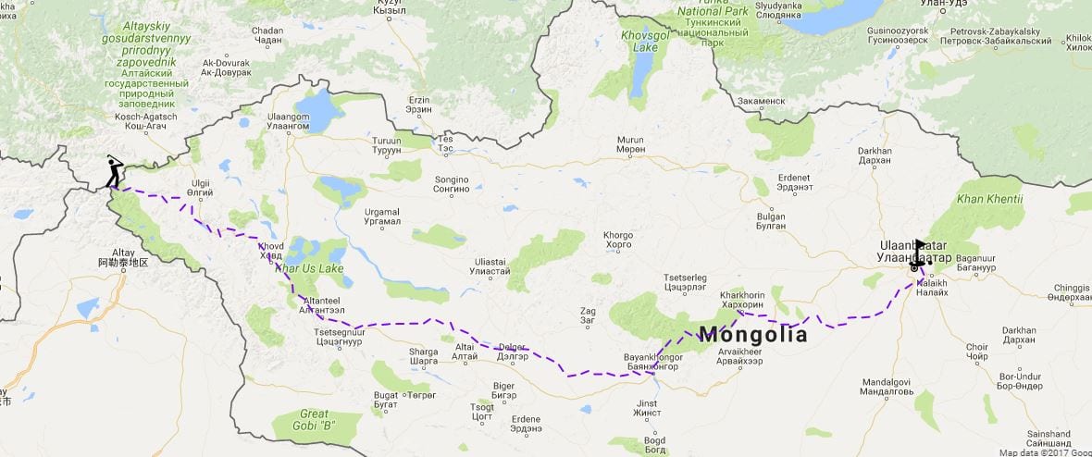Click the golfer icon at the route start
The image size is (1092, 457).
(114, 172)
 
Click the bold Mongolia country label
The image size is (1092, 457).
(752, 335)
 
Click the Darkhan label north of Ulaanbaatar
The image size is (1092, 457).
(875, 154)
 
